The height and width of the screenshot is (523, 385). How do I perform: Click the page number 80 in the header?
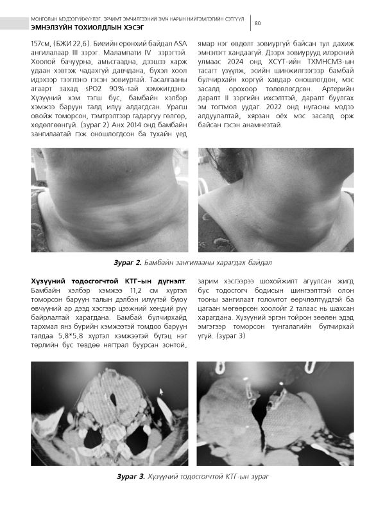coord(257,24)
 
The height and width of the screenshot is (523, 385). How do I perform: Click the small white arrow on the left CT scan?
coord(161,390)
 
